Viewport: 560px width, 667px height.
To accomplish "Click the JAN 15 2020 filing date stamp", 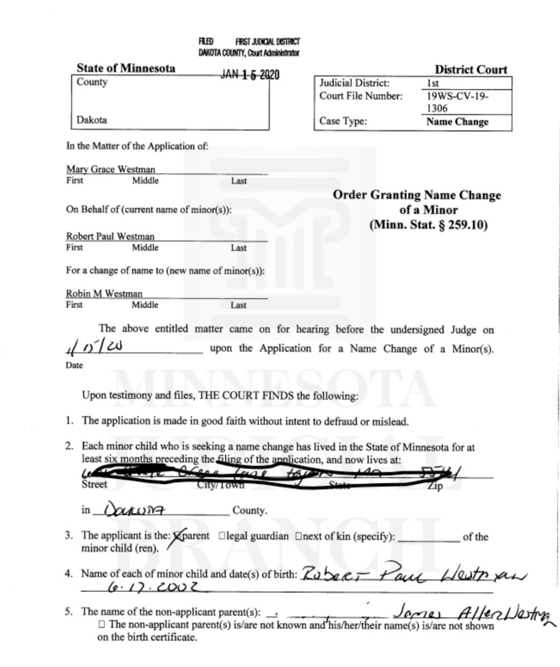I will (x=250, y=75).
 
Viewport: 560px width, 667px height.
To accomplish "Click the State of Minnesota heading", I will (x=126, y=68).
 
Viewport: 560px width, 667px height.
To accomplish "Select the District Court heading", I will (x=471, y=70).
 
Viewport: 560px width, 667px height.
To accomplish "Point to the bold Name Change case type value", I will (x=457, y=122).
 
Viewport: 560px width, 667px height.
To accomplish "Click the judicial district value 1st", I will (x=433, y=83).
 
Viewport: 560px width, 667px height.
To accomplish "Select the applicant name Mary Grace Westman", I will (x=111, y=169).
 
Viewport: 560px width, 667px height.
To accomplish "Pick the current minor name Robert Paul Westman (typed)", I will (x=110, y=236).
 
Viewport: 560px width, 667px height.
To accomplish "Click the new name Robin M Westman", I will (x=104, y=294).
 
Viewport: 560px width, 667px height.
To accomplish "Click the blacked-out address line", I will (x=272, y=474).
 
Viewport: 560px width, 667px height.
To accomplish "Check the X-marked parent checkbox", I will (x=177, y=536).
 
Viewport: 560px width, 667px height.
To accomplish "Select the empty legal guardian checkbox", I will (x=222, y=536).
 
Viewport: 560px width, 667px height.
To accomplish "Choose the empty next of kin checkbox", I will (x=298, y=536).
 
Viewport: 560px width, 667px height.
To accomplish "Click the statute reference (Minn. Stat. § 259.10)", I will (x=428, y=225).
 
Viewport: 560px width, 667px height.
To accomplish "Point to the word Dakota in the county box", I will (x=92, y=120).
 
